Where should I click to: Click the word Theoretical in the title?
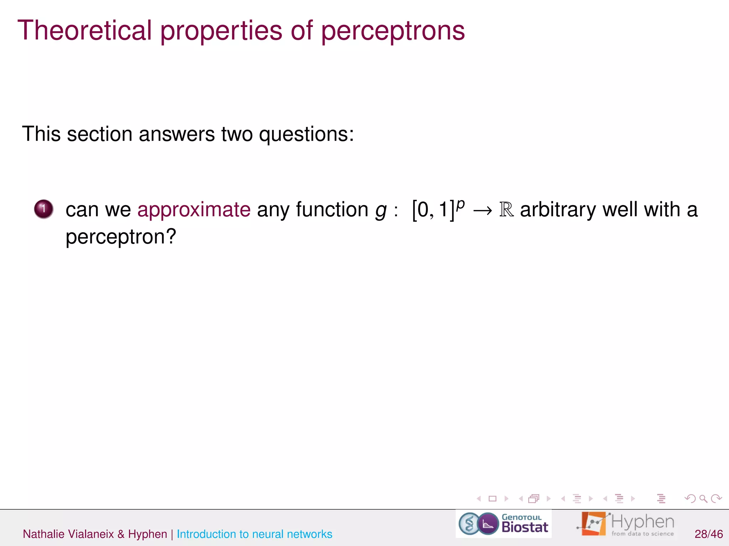(85, 31)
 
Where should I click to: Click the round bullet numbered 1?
(44, 209)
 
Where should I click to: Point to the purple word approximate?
(194, 209)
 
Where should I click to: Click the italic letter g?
(381, 210)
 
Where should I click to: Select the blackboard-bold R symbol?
(506, 209)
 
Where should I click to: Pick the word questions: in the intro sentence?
(306, 134)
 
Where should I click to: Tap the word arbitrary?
(558, 209)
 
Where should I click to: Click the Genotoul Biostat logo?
(503, 524)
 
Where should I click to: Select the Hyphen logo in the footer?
(625, 524)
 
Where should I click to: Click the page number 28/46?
(708, 534)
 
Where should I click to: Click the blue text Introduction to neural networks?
(254, 534)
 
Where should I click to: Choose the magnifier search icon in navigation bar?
(703, 499)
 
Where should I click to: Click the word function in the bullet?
(332, 209)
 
